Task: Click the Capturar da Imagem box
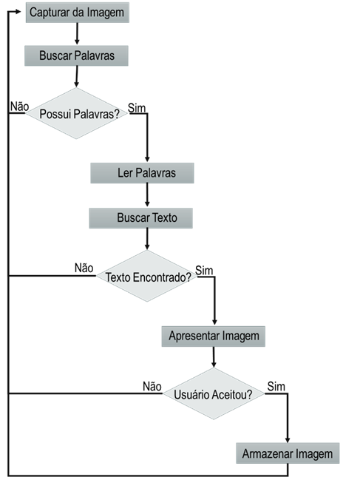tap(77, 13)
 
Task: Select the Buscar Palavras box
tap(76, 55)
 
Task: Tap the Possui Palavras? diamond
tap(76, 113)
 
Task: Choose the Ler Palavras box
tap(142, 173)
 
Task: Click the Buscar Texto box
tap(140, 218)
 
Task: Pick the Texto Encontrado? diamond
tap(147, 276)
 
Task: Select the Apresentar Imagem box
tap(213, 336)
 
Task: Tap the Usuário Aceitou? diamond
tap(214, 393)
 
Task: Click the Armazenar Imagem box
tap(288, 453)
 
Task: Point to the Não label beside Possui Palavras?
tap(19, 106)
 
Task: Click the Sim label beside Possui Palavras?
tap(137, 108)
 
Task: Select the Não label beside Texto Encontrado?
tap(84, 268)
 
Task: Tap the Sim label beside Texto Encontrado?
tap(204, 270)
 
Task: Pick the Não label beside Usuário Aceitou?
tap(152, 387)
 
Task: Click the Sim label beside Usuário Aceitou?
tap(276, 387)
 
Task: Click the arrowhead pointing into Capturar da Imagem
tap(18, 12)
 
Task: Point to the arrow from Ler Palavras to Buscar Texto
tap(147, 194)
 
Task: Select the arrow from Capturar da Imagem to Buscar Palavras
tap(77, 33)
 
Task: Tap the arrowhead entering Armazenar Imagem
tap(288, 440)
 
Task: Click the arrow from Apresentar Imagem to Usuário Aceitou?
tap(214, 357)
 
